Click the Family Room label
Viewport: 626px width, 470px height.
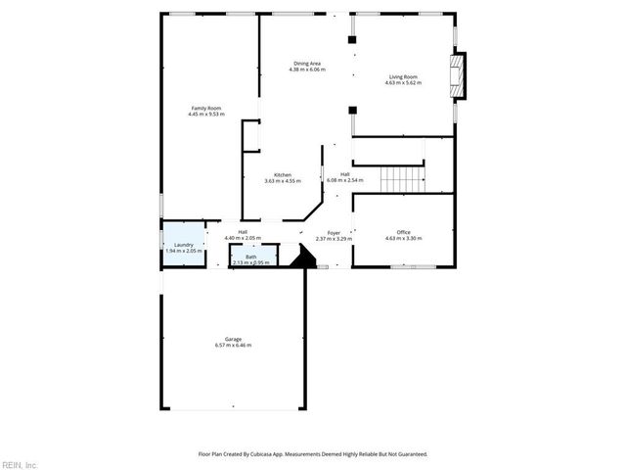[206, 108]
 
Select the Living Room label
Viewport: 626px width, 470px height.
[403, 76]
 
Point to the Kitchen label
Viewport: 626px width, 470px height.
[283, 175]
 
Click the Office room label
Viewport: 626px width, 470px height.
[403, 232]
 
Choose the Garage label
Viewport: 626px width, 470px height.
[233, 340]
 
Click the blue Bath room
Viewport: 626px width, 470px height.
[251, 258]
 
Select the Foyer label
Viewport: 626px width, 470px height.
[334, 233]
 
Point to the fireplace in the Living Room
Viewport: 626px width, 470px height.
[456, 76]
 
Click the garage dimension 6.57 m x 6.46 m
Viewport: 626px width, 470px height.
[233, 346]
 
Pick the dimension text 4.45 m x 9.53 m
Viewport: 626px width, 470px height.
[206, 114]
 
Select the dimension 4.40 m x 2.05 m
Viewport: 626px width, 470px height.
[243, 238]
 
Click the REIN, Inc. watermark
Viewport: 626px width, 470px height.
[20, 464]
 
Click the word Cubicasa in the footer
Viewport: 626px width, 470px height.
[257, 454]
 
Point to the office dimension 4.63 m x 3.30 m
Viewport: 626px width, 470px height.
[403, 238]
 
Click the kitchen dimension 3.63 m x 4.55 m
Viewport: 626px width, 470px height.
[283, 181]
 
